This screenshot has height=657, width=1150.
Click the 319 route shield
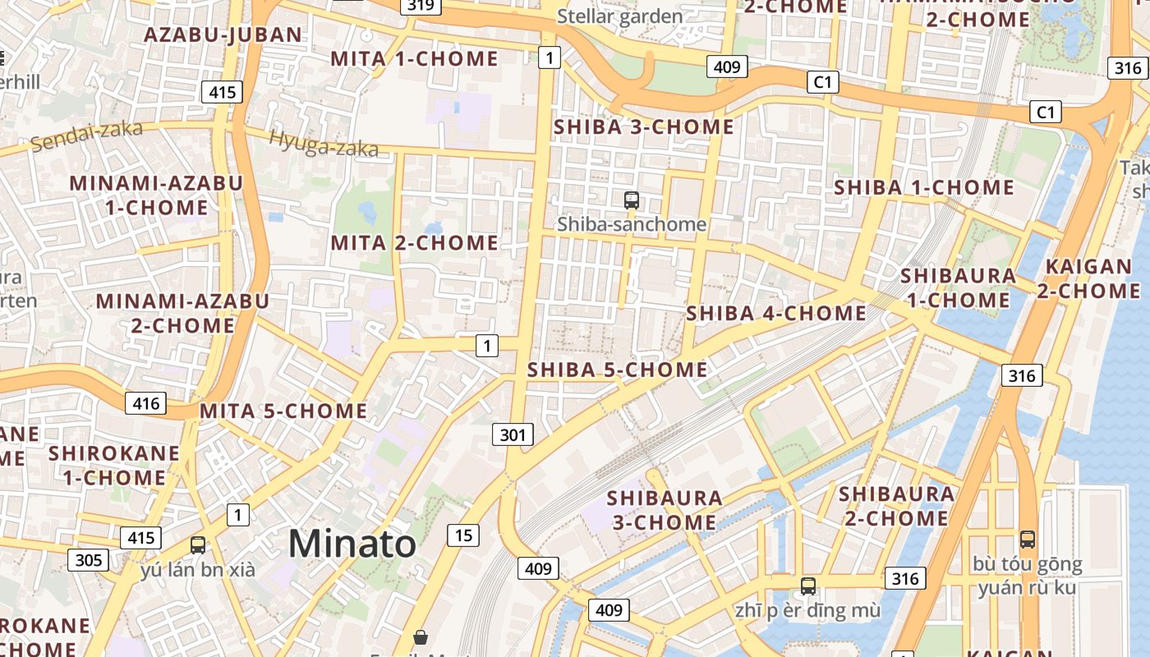[x=421, y=6]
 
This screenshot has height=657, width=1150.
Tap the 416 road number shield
[x=145, y=403]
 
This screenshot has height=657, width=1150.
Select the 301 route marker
[x=513, y=434]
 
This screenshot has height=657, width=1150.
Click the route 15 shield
[x=463, y=535]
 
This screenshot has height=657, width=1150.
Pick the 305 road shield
[x=88, y=560]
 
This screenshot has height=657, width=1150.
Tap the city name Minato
[x=352, y=544]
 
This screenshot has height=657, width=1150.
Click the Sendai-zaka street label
[x=86, y=136]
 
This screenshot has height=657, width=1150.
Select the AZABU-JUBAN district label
[x=223, y=34]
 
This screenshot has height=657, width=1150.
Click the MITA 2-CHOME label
[x=414, y=243]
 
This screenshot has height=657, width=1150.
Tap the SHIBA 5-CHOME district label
[x=617, y=370]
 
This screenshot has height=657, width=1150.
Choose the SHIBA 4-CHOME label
[x=776, y=313]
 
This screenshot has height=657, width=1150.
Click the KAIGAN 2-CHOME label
[x=1088, y=278]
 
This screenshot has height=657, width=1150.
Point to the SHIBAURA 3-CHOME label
[x=664, y=510]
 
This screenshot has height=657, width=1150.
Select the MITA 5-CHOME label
[x=283, y=411]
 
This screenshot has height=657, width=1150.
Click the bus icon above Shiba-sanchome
[x=631, y=200]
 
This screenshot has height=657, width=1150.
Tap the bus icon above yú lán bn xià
[x=197, y=544]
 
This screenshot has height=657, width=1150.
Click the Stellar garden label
[x=619, y=16]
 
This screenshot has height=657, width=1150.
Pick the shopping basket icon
[x=421, y=637]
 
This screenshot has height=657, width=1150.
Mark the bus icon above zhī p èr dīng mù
[x=807, y=586]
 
